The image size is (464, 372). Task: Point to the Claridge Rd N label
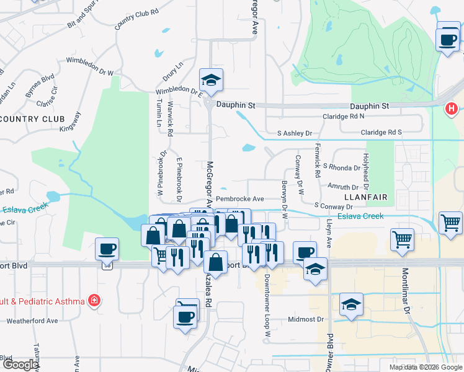(343, 116)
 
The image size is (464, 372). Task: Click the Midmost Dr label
(306, 320)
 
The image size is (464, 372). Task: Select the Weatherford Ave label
(32, 321)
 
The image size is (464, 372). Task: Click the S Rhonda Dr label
(342, 167)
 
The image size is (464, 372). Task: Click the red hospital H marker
(452, 109)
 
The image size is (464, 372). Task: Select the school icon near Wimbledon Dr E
(211, 80)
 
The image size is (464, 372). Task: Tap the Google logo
(20, 365)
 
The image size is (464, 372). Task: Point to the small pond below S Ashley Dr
(248, 148)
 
